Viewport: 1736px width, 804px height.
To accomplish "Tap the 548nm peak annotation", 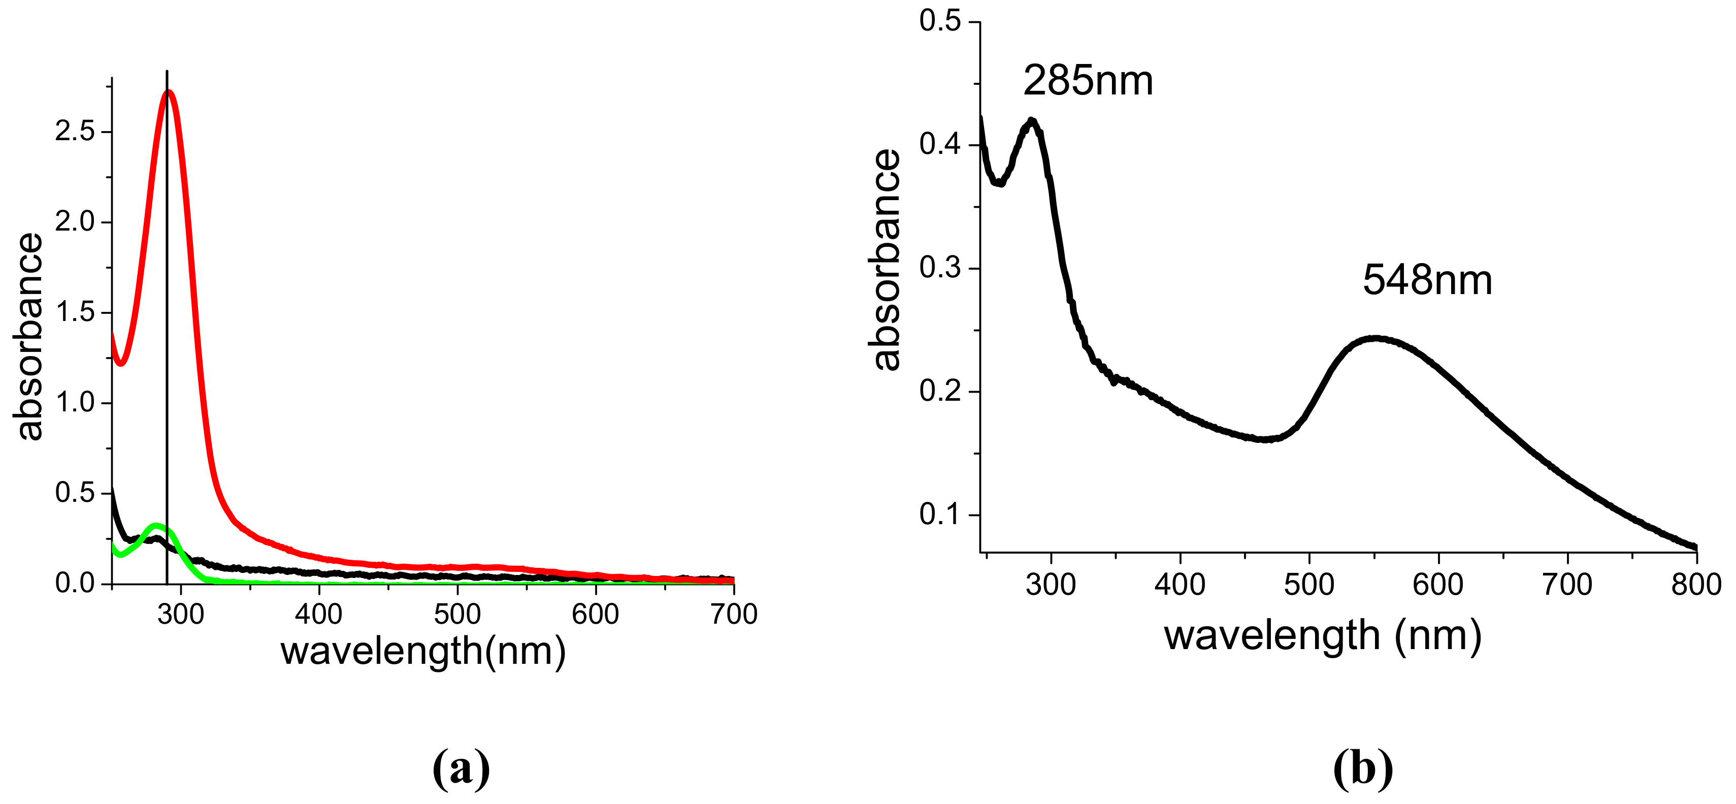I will pos(1427,280).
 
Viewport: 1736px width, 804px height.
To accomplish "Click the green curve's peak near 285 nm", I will pos(157,526).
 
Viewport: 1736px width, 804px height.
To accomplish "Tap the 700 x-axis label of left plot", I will pos(734,615).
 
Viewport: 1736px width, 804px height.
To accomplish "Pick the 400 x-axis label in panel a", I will pos(319,615).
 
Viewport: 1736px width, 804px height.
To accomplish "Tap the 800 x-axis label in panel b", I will pos(1695,584).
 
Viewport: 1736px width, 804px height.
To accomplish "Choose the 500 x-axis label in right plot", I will pos(1309,584).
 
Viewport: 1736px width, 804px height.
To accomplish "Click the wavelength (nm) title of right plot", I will pos(1322,635).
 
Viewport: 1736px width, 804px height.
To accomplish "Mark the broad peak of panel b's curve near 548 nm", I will pos(1376,338).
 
